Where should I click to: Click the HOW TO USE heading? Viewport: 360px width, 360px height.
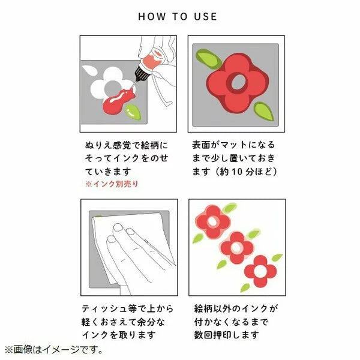pos(178,17)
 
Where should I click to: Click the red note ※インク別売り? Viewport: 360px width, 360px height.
pos(112,184)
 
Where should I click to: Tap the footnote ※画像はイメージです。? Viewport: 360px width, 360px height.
pos(54,350)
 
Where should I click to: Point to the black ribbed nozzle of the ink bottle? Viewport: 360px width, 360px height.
pos(142,73)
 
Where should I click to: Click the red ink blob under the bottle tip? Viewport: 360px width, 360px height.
pos(118,102)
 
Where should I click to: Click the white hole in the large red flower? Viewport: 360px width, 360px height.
pos(238,82)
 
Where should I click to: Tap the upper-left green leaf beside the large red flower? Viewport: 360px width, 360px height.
pos(208,59)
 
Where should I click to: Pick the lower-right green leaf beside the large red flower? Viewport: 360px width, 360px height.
pos(264,112)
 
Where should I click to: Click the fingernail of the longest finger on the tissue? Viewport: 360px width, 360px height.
pos(118,227)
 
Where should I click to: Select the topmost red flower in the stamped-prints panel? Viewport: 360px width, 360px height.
pos(212,222)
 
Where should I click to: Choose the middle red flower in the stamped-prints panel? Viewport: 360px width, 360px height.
pos(236,248)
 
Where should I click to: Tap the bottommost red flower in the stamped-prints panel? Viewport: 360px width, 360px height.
pos(260,271)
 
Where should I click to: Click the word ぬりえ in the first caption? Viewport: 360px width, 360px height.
pos(98,145)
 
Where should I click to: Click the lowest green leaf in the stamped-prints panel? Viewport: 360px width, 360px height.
pos(245,287)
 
